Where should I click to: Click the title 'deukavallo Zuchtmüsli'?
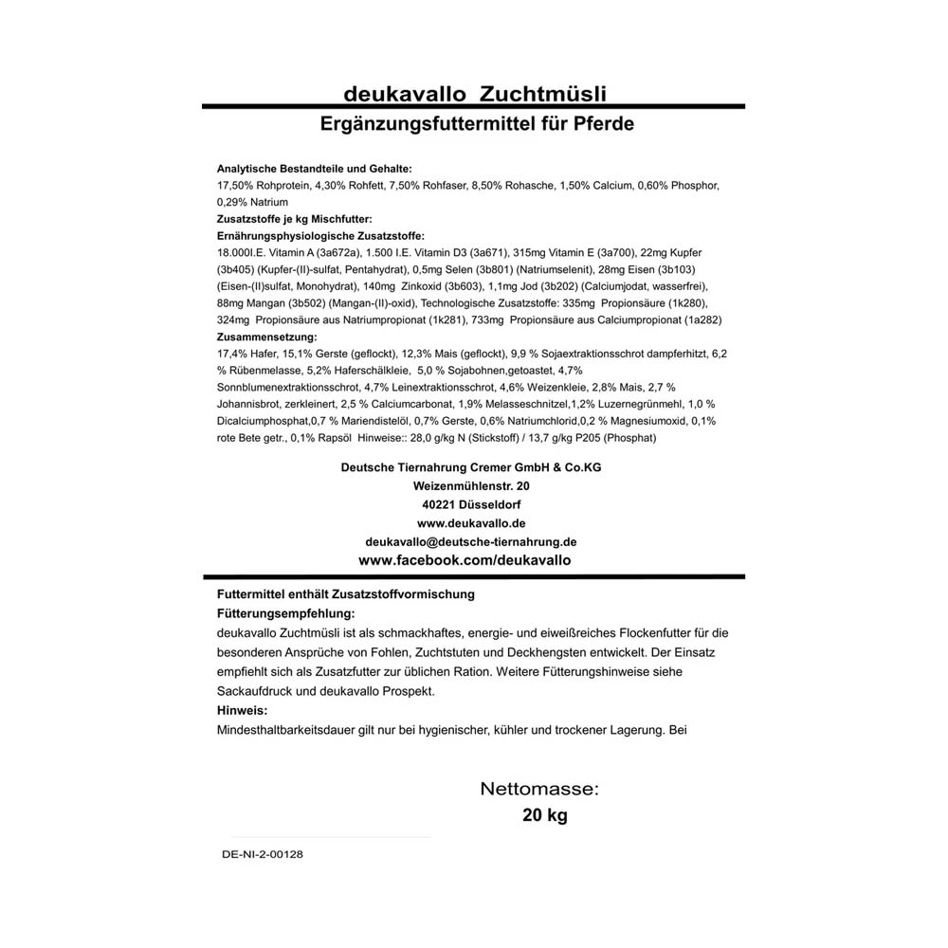(x=474, y=94)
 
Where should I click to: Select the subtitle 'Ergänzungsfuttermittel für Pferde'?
(x=477, y=124)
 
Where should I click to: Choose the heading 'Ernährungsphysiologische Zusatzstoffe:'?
(x=320, y=236)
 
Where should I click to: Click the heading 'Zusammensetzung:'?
(x=266, y=337)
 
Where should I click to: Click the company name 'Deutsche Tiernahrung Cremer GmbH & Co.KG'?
(x=471, y=468)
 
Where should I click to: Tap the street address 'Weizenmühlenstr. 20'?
(x=471, y=486)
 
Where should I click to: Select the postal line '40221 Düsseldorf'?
(x=471, y=504)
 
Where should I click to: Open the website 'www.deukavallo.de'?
(x=471, y=522)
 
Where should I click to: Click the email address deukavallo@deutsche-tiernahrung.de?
(x=471, y=541)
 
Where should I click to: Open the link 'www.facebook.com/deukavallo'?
(x=465, y=560)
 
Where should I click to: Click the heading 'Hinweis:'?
(x=243, y=710)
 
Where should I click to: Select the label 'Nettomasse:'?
(x=539, y=789)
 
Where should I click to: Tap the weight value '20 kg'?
(x=545, y=815)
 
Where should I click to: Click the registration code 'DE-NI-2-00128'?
(x=263, y=853)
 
